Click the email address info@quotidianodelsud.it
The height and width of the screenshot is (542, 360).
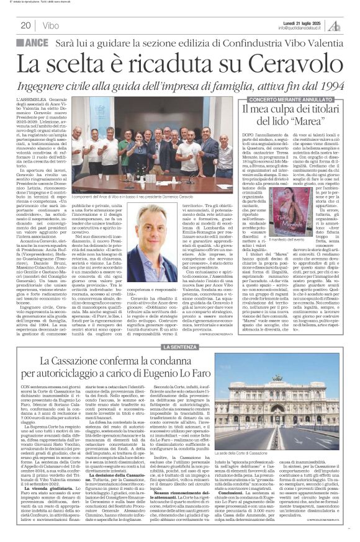301,29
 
